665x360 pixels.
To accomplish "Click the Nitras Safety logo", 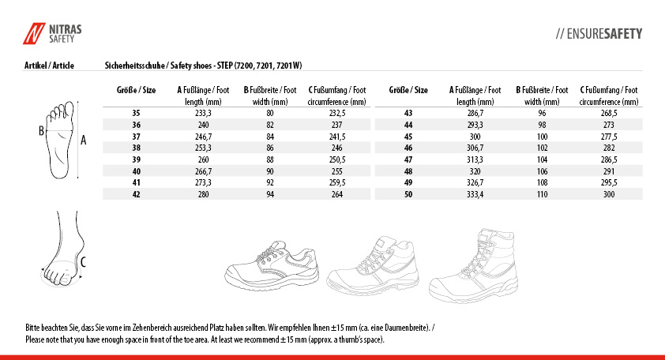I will tap(52, 33).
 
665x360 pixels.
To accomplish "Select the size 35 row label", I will tap(136, 114).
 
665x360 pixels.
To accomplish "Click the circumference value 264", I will tap(336, 193).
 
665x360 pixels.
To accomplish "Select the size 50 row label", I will tap(408, 193).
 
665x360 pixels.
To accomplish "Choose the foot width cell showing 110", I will tap(542, 193).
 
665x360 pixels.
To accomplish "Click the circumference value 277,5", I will tap(609, 137).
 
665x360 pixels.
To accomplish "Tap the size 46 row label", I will tap(408, 148).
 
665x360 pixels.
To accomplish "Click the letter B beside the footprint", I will tap(41, 131).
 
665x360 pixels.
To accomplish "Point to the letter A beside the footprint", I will tap(83, 141).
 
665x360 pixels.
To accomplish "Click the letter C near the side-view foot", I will tap(84, 260).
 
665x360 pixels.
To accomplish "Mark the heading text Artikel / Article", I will tap(50, 66).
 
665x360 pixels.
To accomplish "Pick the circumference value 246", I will tap(336, 148).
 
